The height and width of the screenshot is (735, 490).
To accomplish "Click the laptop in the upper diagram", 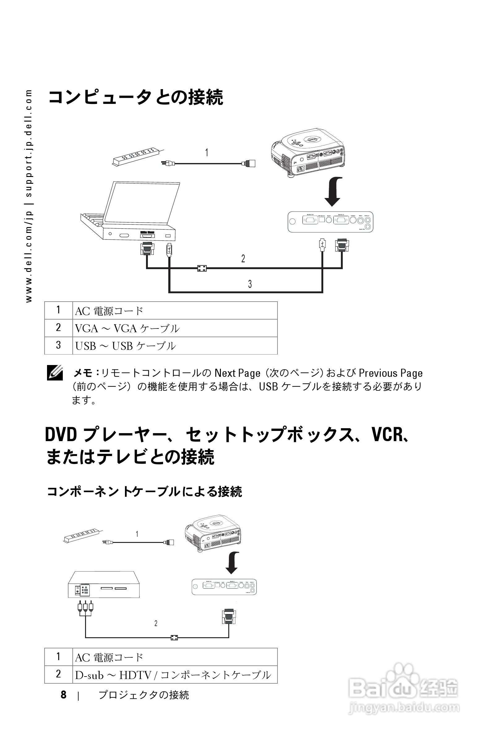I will click(x=131, y=213).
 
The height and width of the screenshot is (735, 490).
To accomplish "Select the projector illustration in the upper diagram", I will click(x=308, y=152).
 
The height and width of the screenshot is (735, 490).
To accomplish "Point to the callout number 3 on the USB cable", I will click(x=250, y=284).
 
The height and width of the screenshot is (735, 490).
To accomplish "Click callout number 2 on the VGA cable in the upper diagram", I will click(x=243, y=258).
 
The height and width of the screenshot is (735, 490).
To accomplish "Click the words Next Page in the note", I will click(x=237, y=373).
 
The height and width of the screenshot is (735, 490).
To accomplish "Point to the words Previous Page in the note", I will click(x=390, y=373).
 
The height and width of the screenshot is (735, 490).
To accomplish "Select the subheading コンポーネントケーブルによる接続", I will click(x=144, y=492).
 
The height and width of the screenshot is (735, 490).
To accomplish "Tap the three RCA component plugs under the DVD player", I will click(x=85, y=607).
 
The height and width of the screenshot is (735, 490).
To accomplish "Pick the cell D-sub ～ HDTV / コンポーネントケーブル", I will click(x=173, y=675).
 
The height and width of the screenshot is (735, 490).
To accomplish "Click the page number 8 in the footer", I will click(x=63, y=695).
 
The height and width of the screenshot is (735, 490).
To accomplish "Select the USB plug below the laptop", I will click(x=169, y=250).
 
